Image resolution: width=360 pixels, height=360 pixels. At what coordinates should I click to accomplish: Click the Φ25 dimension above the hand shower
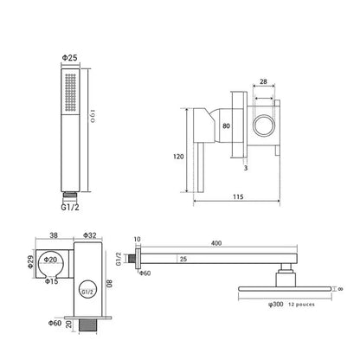click(70, 58)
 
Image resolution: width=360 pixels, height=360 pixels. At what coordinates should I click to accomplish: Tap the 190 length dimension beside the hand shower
click(93, 116)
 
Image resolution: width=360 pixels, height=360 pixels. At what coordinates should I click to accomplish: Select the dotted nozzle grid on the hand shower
click(70, 93)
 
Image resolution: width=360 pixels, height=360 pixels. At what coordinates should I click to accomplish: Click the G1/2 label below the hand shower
click(70, 207)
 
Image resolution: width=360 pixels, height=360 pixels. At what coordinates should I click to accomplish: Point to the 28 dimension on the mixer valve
click(263, 81)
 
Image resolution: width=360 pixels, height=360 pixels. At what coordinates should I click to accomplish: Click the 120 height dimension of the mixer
click(178, 157)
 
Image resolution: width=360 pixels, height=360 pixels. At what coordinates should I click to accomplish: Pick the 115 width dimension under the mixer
click(238, 196)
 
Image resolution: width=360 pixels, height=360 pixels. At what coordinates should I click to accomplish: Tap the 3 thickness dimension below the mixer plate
click(246, 168)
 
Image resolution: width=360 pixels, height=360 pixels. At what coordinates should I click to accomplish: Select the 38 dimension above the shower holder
click(54, 235)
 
